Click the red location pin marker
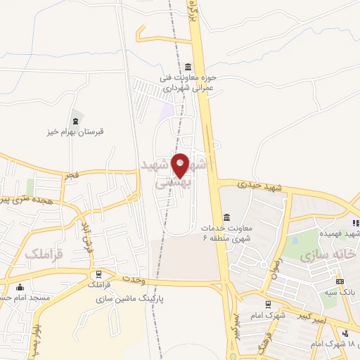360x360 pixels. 181,166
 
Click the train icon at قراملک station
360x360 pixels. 99,274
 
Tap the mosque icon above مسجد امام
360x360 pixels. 20,287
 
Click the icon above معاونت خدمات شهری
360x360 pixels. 226,217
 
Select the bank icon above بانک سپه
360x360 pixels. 340,282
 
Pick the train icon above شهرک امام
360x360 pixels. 268,304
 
